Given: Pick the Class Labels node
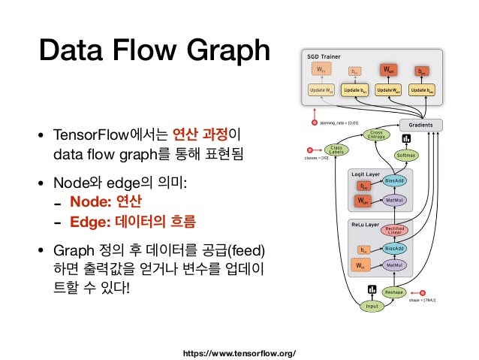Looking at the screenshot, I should click(x=336, y=150).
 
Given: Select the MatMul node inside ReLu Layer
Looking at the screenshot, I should click(x=395, y=265).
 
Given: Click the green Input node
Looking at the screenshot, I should click(x=371, y=307).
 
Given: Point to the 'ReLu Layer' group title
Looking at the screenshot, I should click(x=367, y=224).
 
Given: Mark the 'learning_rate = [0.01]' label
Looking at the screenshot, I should click(x=339, y=121).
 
